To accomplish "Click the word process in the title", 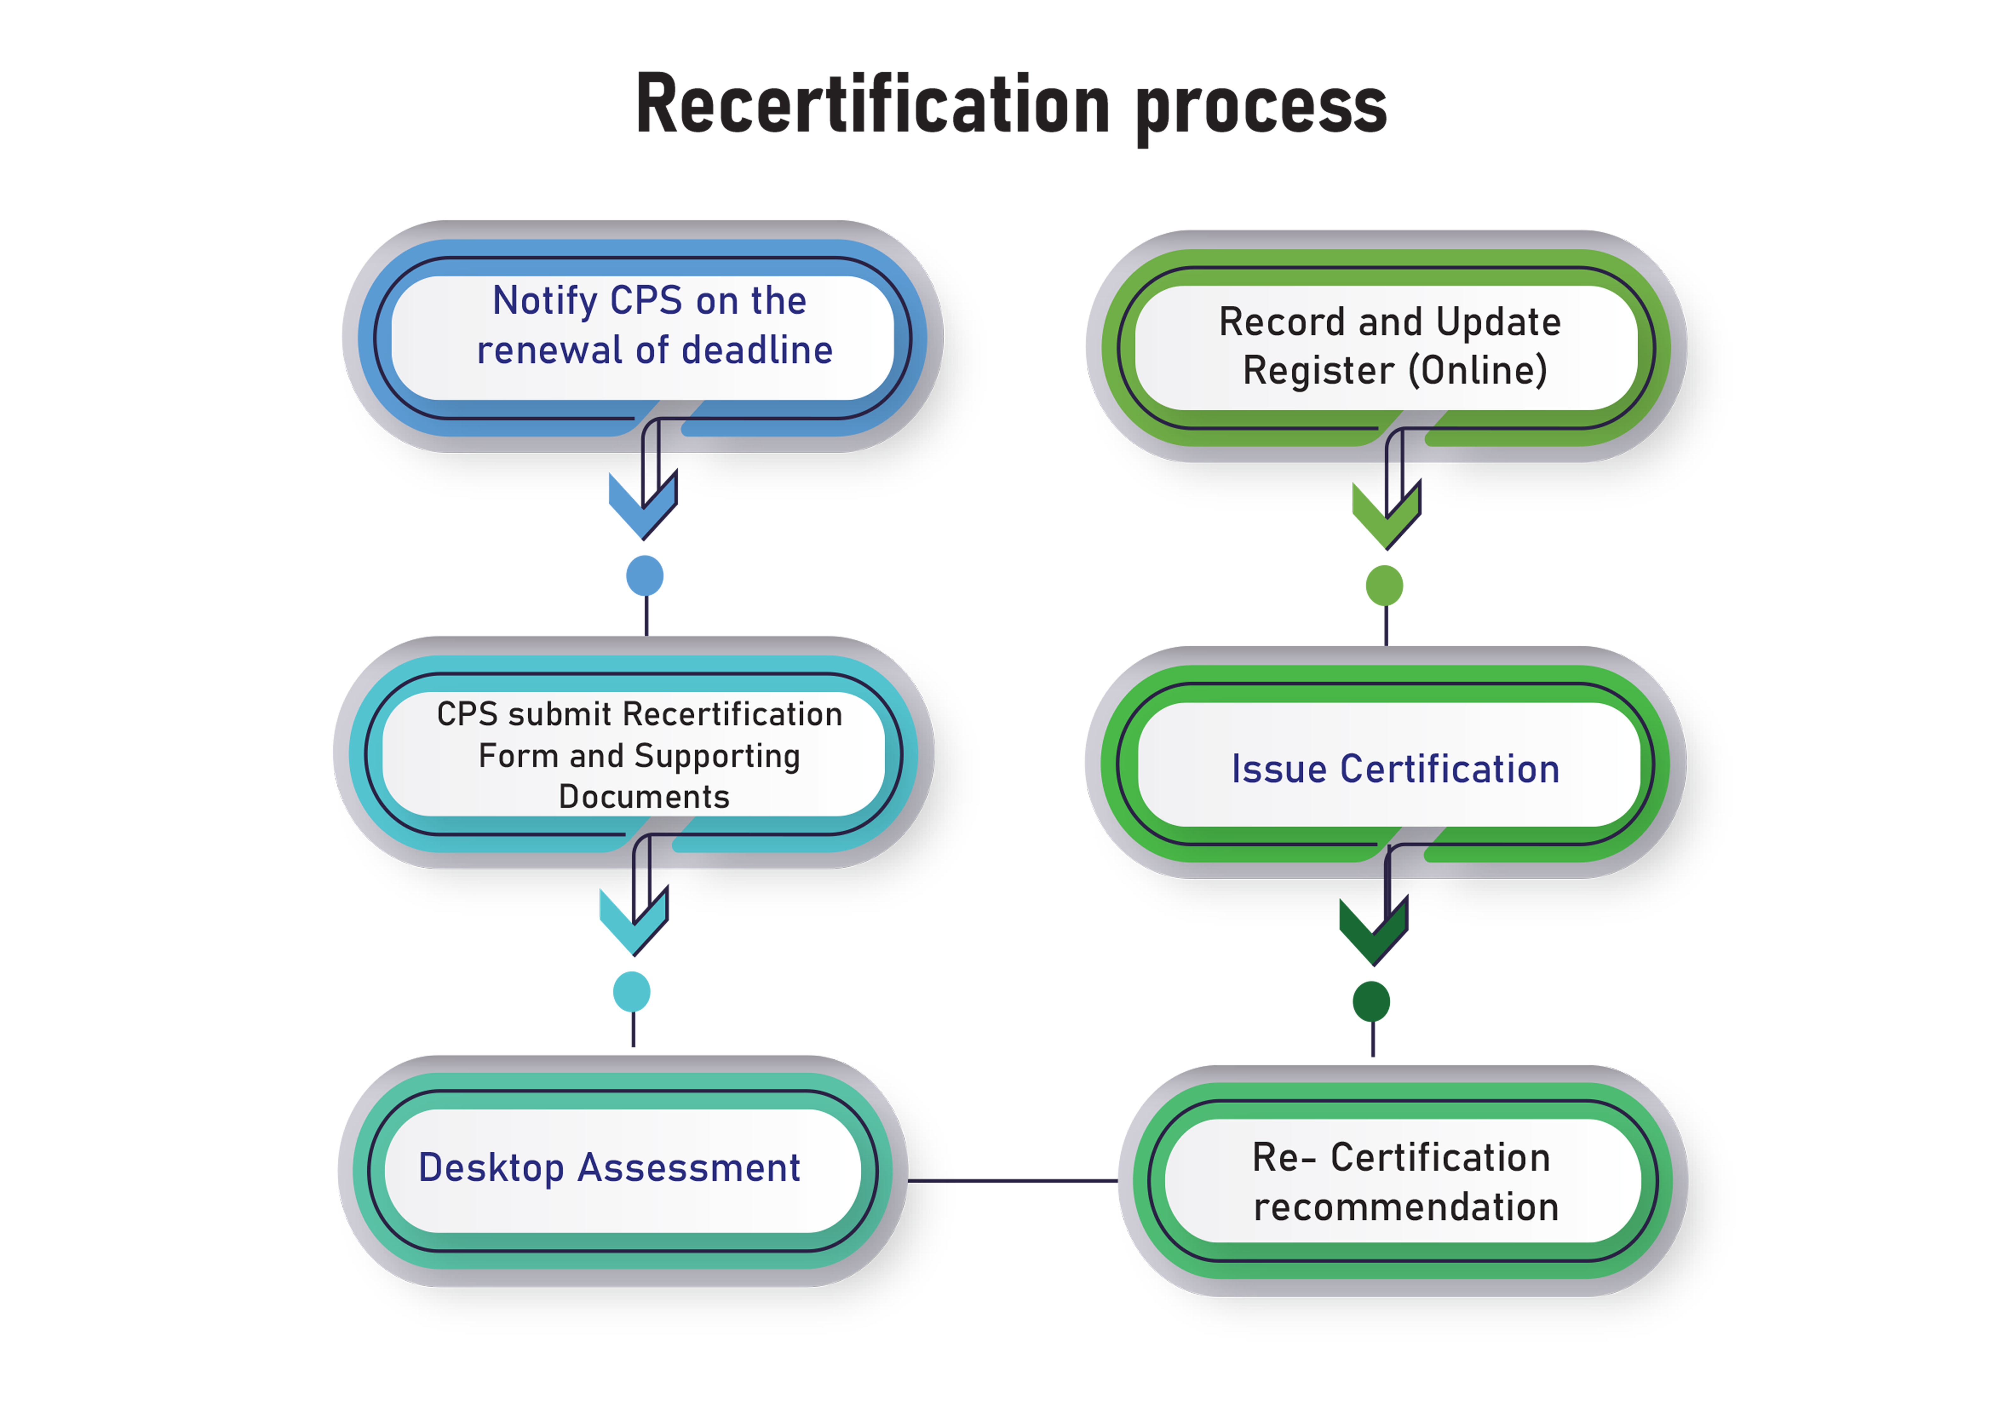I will pyautogui.click(x=1261, y=108).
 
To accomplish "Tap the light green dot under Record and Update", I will pyautogui.click(x=1385, y=586).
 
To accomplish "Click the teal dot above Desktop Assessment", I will pyautogui.click(x=632, y=992).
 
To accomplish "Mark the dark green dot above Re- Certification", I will pyautogui.click(x=1372, y=1002).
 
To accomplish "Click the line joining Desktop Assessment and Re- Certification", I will pyautogui.click(x=1012, y=1181).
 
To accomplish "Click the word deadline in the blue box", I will pyautogui.click(x=757, y=351).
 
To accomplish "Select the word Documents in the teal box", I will pyautogui.click(x=644, y=797).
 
